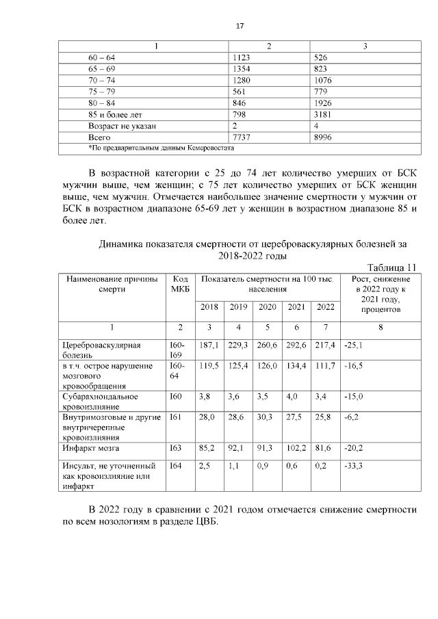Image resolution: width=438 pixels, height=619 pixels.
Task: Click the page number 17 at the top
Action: (x=240, y=26)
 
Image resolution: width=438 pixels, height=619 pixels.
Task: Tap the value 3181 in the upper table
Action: (x=322, y=114)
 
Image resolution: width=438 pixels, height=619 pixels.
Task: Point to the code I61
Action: (x=174, y=416)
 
